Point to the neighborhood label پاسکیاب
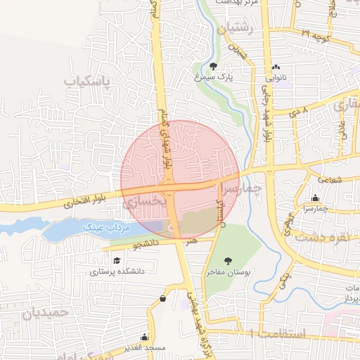[88, 82]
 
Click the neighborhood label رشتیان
[235, 30]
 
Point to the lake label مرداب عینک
[104, 228]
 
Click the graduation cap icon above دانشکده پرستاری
[115, 260]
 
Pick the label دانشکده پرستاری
[116, 270]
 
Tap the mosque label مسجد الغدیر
[144, 347]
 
